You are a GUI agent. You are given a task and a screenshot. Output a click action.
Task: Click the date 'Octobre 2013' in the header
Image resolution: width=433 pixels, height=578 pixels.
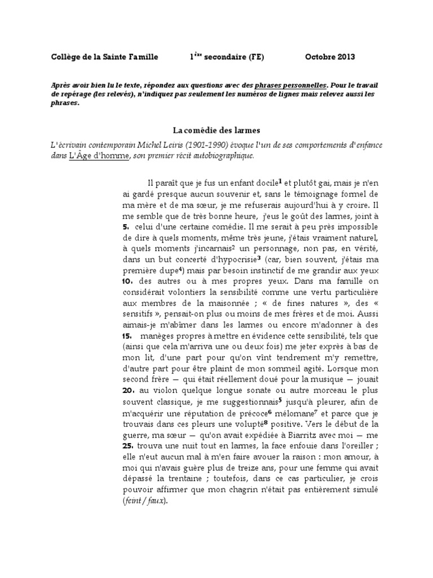coord(330,57)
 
